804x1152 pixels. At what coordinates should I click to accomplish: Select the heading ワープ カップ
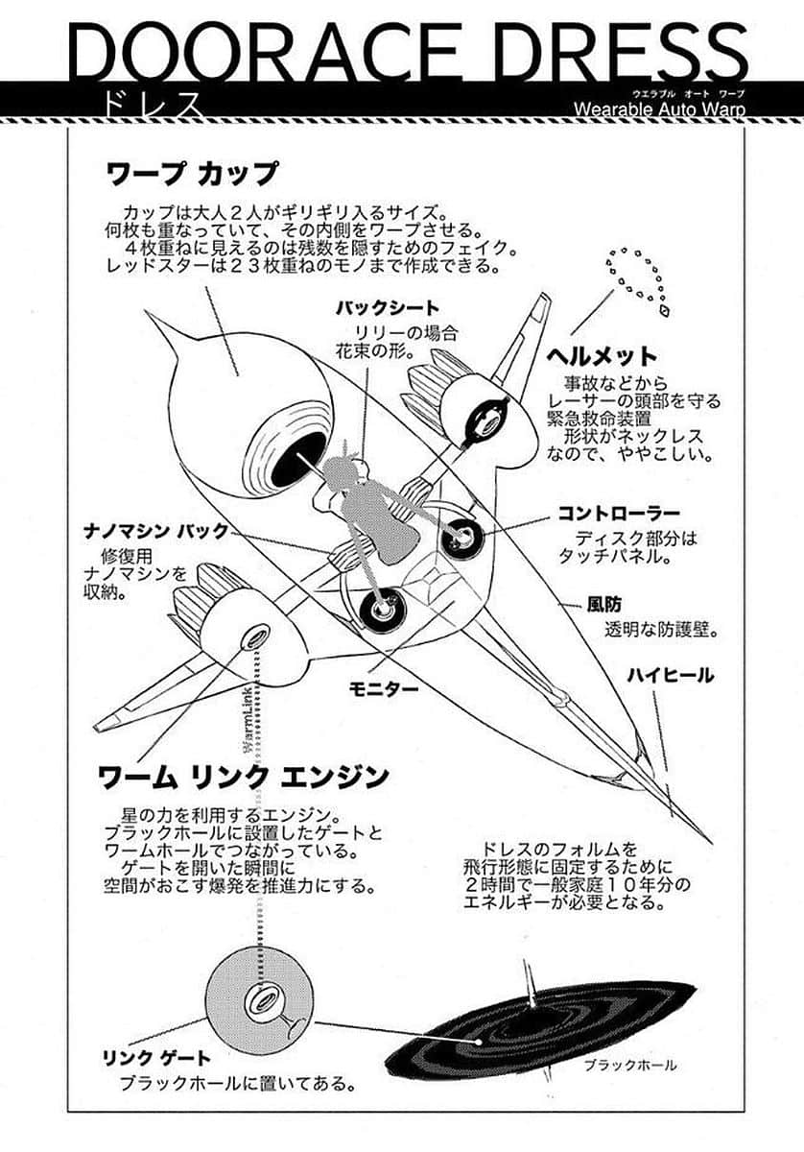click(x=191, y=174)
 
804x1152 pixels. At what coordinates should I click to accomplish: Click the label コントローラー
click(x=619, y=514)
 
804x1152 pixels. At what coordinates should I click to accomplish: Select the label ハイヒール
click(x=671, y=676)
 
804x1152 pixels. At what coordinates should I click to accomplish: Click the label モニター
click(x=384, y=689)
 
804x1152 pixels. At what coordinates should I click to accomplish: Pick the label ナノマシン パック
click(x=154, y=531)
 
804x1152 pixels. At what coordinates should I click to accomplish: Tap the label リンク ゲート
click(x=155, y=1059)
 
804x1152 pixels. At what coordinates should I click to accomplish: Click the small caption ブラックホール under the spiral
click(x=629, y=1065)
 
